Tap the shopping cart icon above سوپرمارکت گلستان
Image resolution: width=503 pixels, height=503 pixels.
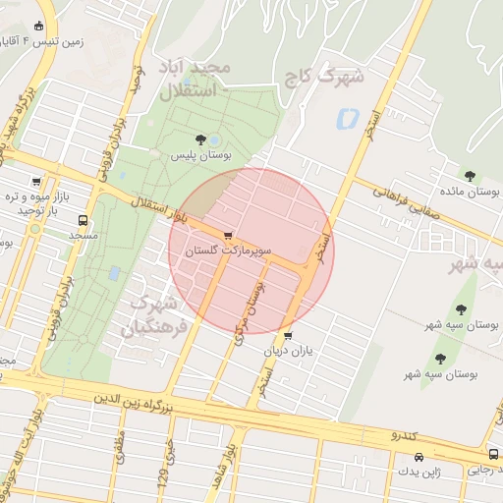coord(229,236)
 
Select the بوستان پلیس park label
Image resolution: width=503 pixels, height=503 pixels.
coord(200,155)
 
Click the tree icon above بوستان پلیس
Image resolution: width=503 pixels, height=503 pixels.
coord(201,139)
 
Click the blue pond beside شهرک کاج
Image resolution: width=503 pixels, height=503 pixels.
coord(345,120)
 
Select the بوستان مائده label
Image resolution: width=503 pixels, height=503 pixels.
coord(468,193)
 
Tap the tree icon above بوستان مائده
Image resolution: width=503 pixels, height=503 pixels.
coord(470,176)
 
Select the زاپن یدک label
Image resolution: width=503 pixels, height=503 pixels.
coord(419,473)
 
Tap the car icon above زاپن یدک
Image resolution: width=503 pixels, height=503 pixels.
coord(420,457)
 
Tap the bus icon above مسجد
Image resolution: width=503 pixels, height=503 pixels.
coord(82,220)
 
